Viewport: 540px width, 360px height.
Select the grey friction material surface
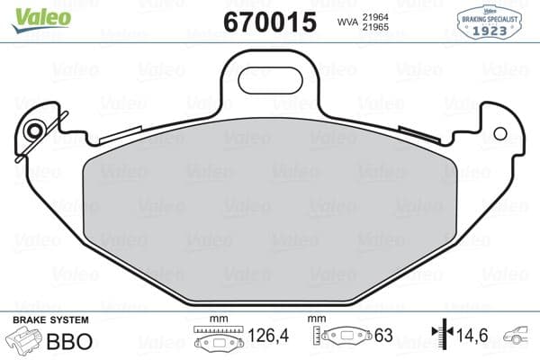(270, 207)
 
